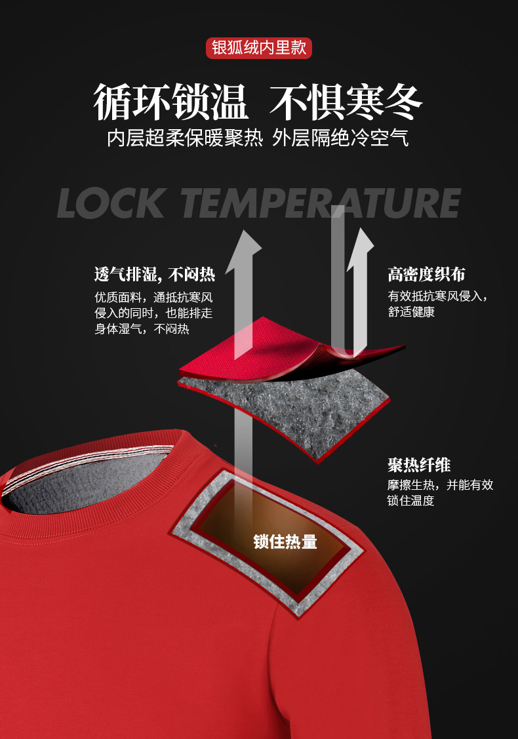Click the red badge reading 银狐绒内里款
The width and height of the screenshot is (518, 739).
pos(259,49)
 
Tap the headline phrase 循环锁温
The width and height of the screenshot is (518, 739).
pos(171,102)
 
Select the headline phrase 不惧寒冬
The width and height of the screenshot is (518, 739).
pos(348,102)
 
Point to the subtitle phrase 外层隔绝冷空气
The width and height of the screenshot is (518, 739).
pos(341,138)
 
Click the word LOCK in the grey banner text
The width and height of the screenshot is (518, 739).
pos(111,203)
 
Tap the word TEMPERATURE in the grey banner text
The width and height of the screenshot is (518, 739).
pos(320,203)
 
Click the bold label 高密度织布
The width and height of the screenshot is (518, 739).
pos(426,274)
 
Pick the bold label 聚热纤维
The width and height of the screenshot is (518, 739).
pos(419,466)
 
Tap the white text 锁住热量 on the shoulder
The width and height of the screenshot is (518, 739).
pos(285,542)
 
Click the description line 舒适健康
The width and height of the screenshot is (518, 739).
pos(411,312)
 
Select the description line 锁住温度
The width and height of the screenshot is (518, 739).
pos(411,501)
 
